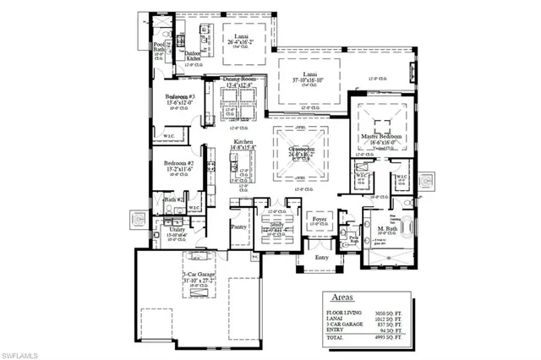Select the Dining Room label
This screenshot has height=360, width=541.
coord(238,79)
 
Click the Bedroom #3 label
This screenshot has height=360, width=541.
coord(179,97)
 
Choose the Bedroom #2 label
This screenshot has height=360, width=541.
coord(179,162)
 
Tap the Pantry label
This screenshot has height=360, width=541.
coord(238,227)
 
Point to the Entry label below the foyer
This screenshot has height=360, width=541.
coord(321,258)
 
